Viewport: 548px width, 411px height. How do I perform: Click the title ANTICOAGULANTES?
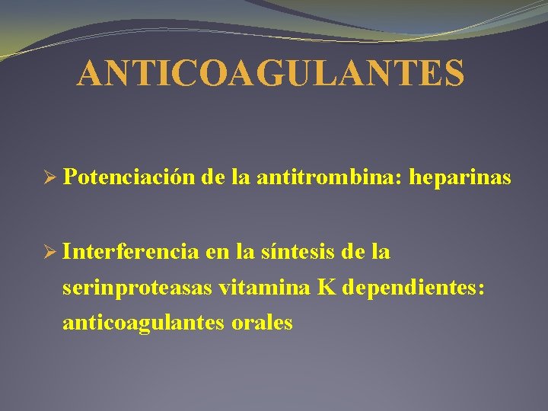point(270,74)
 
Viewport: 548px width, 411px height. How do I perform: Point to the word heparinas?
point(460,178)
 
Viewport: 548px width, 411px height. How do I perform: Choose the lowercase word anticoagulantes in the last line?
point(142,323)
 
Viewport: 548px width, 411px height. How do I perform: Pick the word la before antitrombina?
point(243,178)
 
